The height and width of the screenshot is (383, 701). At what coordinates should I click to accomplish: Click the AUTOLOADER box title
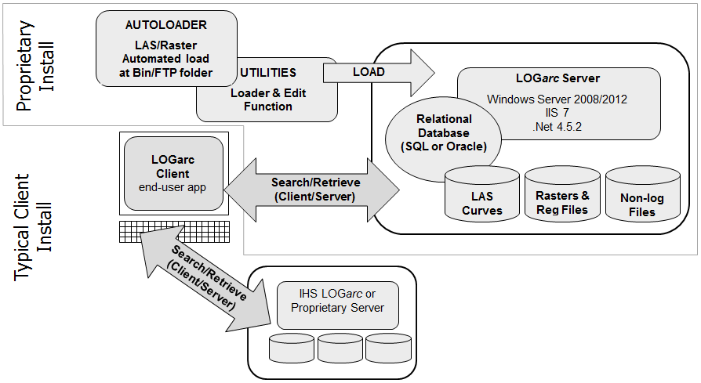166,25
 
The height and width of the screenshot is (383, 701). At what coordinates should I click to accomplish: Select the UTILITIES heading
267,72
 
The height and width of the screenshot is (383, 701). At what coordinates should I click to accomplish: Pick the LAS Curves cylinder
481,196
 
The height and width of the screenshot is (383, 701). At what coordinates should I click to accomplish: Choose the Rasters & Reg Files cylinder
562,196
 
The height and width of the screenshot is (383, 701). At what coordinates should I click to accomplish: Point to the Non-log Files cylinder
642,197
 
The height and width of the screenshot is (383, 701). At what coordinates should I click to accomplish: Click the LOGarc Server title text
558,78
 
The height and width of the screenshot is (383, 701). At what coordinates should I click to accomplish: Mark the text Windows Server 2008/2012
557,99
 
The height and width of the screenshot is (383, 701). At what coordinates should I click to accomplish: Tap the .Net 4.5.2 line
556,125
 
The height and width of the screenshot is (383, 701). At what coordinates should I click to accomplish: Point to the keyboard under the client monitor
175,232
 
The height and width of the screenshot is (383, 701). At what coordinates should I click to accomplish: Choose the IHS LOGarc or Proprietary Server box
337,302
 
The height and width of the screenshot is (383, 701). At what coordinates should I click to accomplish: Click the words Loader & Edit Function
267,99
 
